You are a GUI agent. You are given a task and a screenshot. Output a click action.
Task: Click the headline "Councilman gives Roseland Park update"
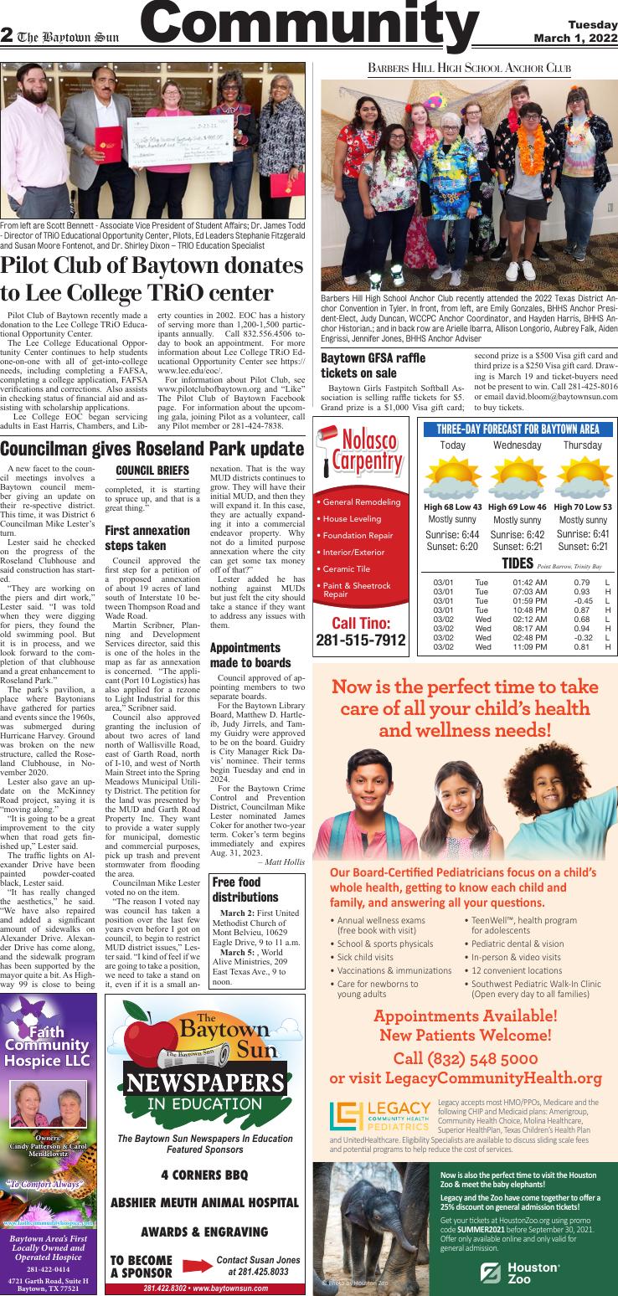(x=152, y=448)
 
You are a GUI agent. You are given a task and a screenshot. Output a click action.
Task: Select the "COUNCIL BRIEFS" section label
(x=152, y=471)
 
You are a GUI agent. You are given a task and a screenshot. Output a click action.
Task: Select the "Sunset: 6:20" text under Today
(x=452, y=547)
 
